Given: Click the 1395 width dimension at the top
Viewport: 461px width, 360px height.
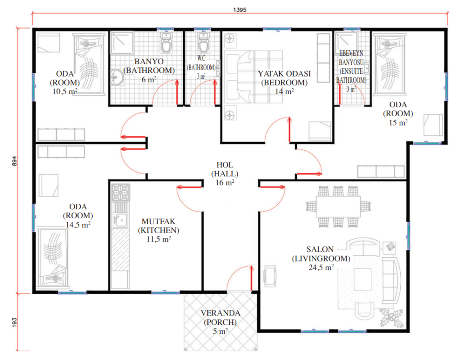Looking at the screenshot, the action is pos(240,10).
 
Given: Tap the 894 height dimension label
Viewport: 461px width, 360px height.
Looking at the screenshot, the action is pos(14,161).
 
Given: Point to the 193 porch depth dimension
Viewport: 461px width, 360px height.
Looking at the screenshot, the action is pos(14,322).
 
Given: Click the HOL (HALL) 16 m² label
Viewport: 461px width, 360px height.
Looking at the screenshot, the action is pos(225,174).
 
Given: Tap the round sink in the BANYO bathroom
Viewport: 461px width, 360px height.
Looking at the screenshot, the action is pos(117,77).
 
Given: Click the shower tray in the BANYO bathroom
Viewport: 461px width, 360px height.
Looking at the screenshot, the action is pos(122,43).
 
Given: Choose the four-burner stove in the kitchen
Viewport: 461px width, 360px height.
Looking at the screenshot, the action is pos(121,193).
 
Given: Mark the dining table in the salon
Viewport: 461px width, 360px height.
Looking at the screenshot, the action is pos(339,207).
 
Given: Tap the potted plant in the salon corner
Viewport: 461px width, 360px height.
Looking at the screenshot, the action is pos(391,318).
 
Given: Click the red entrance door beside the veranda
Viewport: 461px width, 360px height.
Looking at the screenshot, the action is pos(252,278).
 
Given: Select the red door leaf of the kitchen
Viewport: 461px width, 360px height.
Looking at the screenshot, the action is pos(190,187).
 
